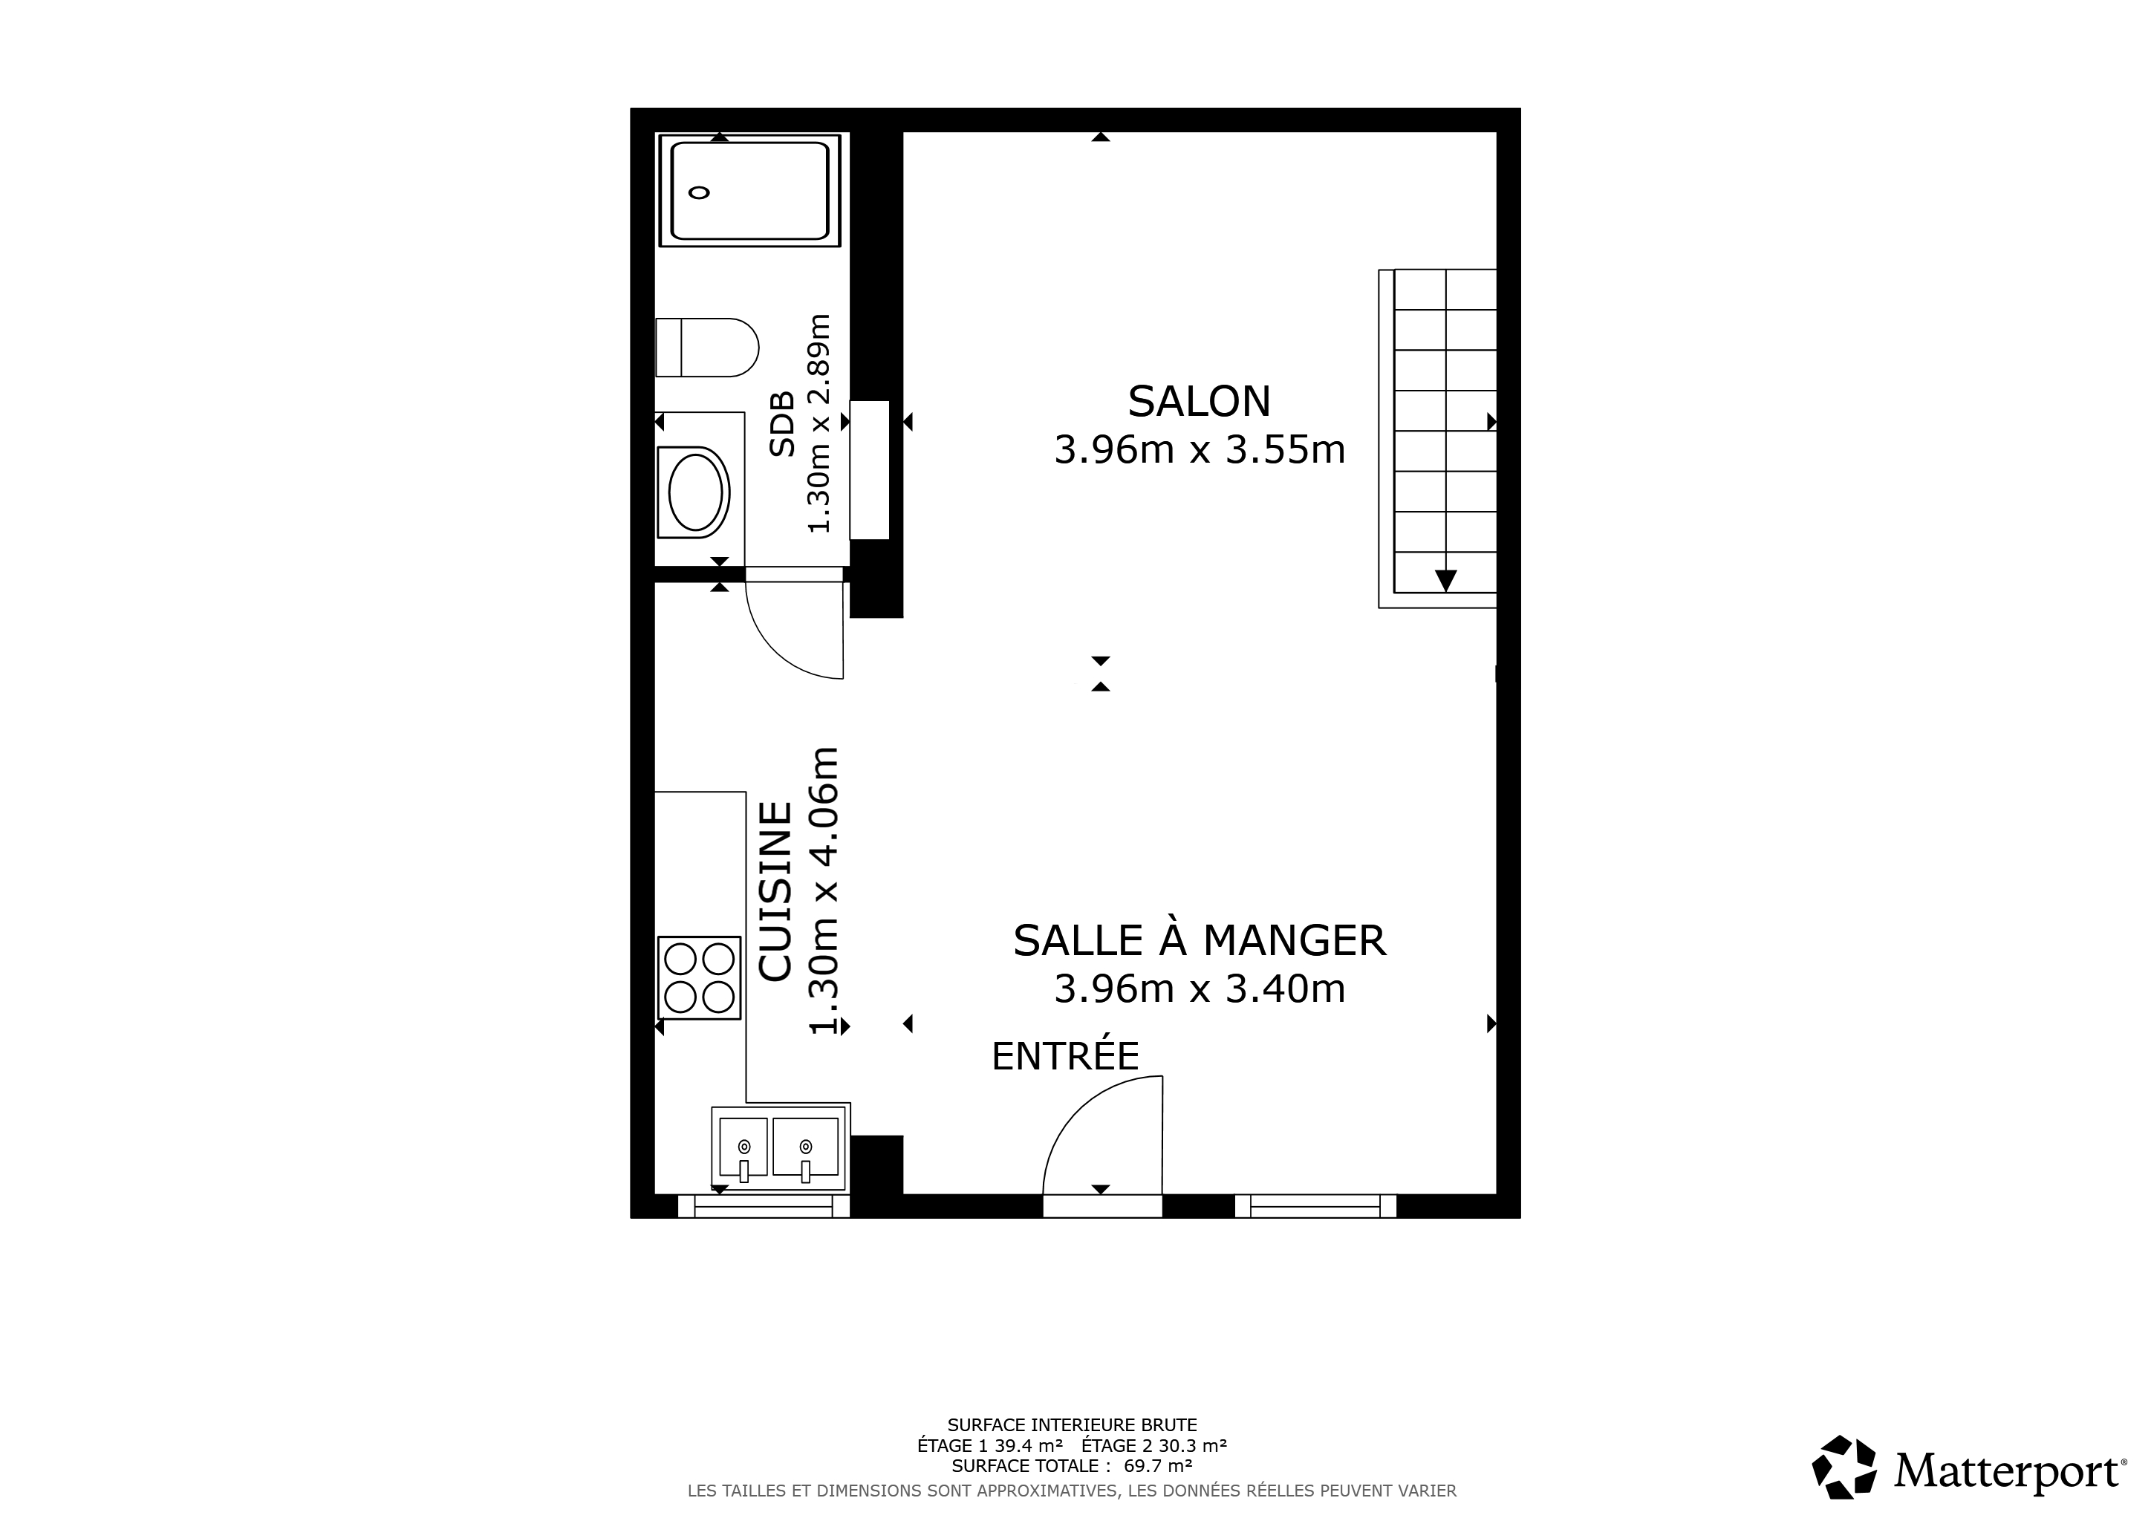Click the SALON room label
(x=1199, y=401)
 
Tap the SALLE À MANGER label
(x=1199, y=940)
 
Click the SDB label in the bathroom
(x=781, y=424)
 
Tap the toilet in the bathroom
(x=706, y=348)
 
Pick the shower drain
(x=699, y=193)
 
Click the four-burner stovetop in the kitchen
(x=699, y=978)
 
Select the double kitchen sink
(x=778, y=1148)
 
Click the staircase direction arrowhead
(x=1445, y=581)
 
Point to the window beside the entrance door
(x=1316, y=1206)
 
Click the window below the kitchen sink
(x=764, y=1206)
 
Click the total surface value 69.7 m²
(x=1158, y=1466)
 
